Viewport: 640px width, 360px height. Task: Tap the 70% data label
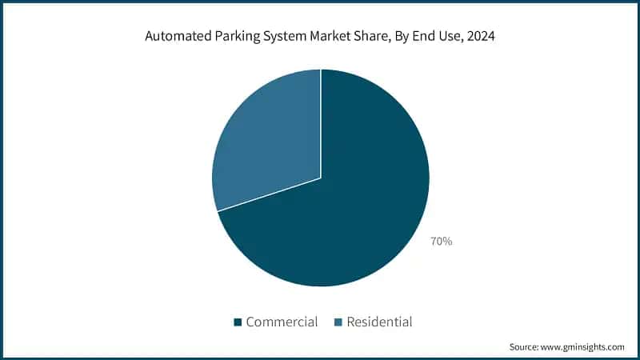pyautogui.click(x=441, y=241)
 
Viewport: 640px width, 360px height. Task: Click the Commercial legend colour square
pyautogui.click(x=238, y=322)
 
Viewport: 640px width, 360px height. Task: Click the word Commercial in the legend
pyautogui.click(x=282, y=322)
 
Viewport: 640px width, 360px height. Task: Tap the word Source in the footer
pyautogui.click(x=525, y=347)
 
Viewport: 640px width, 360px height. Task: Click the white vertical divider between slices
pyautogui.click(x=321, y=120)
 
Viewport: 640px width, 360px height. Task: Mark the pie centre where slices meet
pyautogui.click(x=321, y=178)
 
